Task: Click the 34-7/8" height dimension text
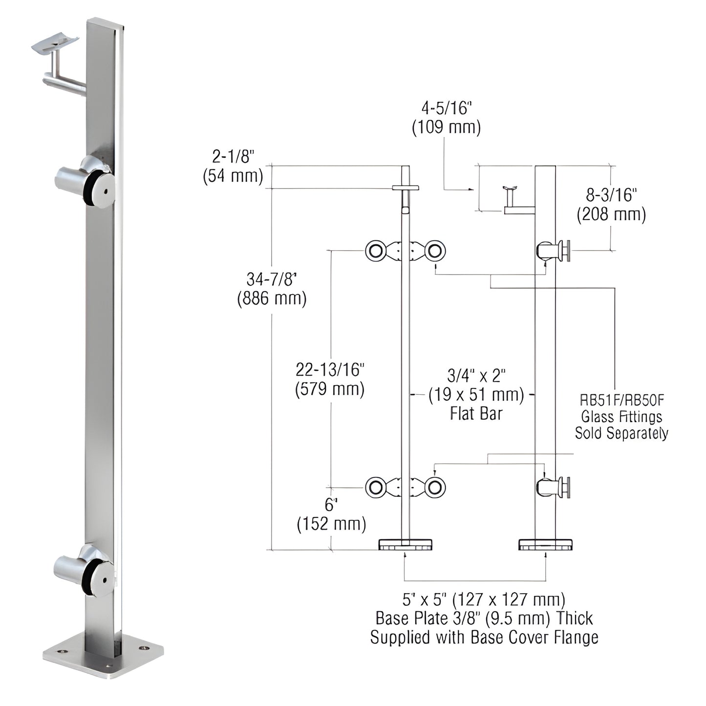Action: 272,279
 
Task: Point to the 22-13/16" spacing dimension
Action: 330,370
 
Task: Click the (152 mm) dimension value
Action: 331,524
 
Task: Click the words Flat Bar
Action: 476,414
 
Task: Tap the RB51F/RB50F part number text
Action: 621,400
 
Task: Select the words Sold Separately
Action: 621,433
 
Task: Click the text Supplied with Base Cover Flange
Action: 484,637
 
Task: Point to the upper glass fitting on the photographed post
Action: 86,180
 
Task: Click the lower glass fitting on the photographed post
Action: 86,570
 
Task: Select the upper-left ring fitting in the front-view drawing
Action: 375,251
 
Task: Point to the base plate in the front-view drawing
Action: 405,544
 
